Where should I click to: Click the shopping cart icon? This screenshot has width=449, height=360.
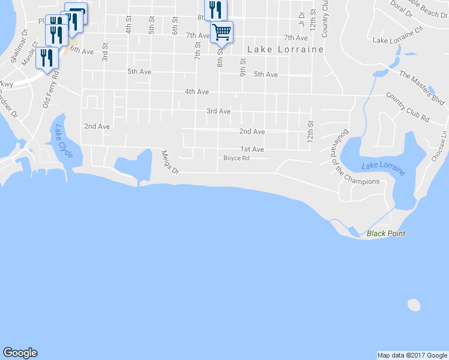[221, 31]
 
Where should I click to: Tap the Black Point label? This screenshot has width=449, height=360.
[386, 233]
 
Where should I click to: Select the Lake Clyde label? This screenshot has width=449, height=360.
[63, 142]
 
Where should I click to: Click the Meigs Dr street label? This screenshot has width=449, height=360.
[170, 162]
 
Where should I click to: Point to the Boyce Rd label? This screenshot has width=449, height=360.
[236, 158]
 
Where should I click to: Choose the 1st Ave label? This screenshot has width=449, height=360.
[252, 149]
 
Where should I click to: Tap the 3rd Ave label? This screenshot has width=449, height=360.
[218, 111]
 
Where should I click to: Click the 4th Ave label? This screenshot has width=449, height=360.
[196, 92]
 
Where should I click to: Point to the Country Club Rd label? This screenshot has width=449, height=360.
[408, 107]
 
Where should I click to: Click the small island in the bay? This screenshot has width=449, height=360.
[414, 305]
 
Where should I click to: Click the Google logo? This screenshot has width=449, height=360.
[20, 353]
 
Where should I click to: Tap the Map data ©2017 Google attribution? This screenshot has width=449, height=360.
[412, 355]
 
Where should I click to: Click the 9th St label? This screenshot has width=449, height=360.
[243, 67]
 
